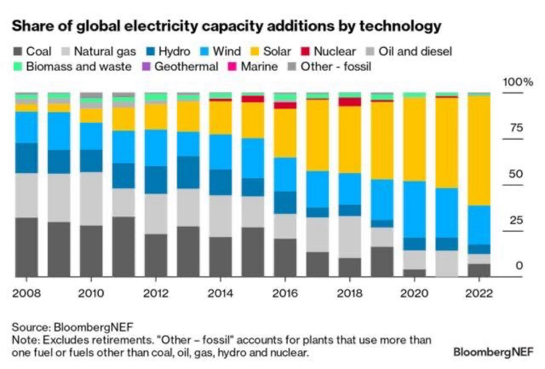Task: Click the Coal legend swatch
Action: coord(17,51)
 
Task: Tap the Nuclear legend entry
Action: coord(334,51)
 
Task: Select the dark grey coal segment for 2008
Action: coord(27,247)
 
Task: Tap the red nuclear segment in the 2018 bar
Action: coord(350,101)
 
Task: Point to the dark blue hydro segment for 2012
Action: coord(156,180)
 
